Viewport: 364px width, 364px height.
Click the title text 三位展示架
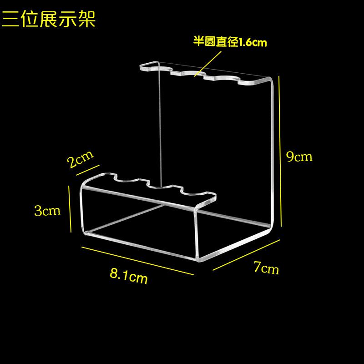(49, 19)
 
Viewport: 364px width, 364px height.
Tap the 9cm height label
(299, 157)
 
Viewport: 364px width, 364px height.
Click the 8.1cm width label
(129, 275)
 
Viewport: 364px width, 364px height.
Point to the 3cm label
(47, 211)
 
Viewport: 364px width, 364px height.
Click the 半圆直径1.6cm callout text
(230, 42)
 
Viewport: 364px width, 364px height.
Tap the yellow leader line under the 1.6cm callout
(208, 63)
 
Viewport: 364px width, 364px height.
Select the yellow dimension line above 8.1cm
(137, 260)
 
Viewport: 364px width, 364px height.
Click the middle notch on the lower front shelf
(156, 183)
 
